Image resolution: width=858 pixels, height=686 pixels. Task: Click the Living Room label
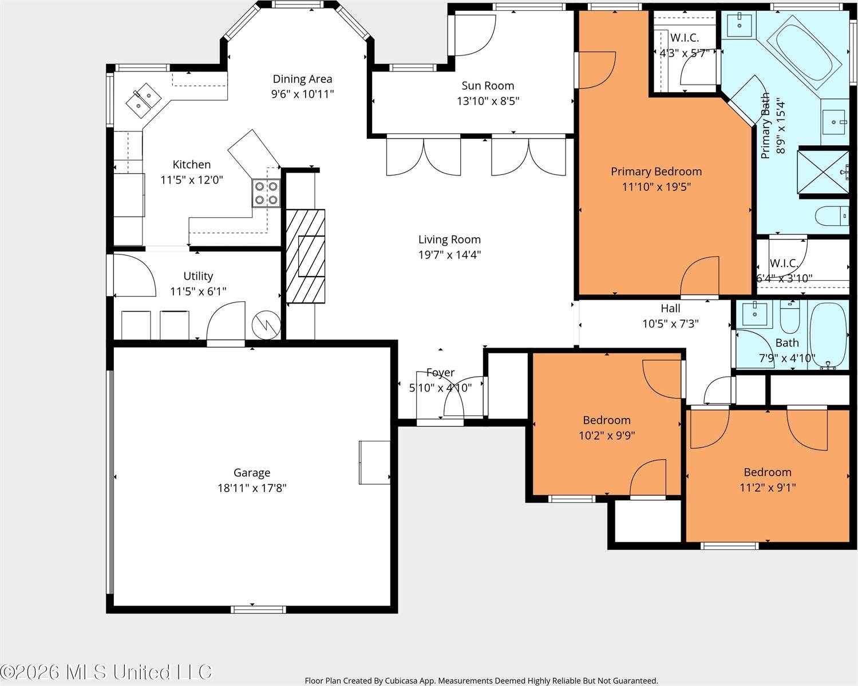coord(449,240)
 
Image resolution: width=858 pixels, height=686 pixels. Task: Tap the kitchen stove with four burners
coord(266,193)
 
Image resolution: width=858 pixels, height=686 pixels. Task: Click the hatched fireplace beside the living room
coord(305,256)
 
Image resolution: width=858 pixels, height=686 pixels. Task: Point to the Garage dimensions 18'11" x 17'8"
coord(252,488)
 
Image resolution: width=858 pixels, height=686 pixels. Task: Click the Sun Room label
coord(488,86)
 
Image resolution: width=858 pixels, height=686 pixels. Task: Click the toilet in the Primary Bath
coord(831,217)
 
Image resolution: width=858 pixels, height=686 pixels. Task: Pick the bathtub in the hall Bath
coord(828,335)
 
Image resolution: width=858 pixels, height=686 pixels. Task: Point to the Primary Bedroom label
coord(656,171)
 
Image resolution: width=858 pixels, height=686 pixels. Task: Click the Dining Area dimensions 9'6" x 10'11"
coord(302,94)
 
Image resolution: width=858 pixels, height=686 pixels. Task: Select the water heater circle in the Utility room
coord(266,325)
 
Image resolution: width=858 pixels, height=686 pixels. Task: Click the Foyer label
coord(440,373)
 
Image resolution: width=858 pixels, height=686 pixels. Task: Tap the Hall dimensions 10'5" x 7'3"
coord(670,324)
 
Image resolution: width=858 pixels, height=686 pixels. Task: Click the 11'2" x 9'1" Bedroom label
coord(767,472)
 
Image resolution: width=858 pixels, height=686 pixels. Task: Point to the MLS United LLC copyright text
coord(106,672)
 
